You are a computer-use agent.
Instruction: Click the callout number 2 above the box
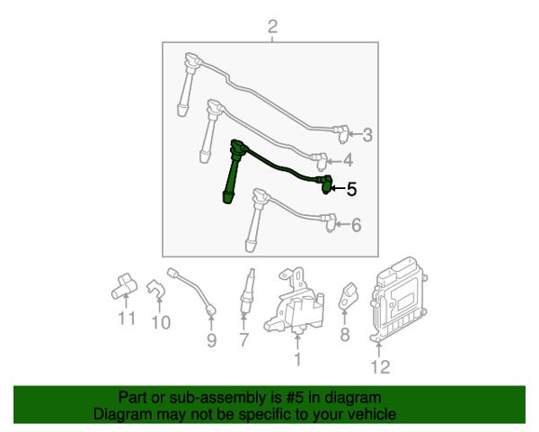click(272, 27)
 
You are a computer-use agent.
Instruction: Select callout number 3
click(367, 135)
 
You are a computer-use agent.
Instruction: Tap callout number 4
click(348, 160)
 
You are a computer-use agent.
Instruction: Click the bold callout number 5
click(351, 189)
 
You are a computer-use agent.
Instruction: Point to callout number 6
click(356, 225)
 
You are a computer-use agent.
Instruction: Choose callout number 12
click(380, 367)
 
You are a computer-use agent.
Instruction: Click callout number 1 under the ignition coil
click(297, 360)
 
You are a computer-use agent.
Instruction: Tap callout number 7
click(243, 340)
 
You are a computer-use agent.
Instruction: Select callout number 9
click(211, 340)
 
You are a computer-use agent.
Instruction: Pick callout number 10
click(161, 322)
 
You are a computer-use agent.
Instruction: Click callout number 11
click(127, 319)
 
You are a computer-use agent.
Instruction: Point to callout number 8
click(344, 334)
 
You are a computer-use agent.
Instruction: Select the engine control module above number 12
click(399, 298)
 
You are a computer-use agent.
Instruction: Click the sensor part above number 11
click(124, 285)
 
